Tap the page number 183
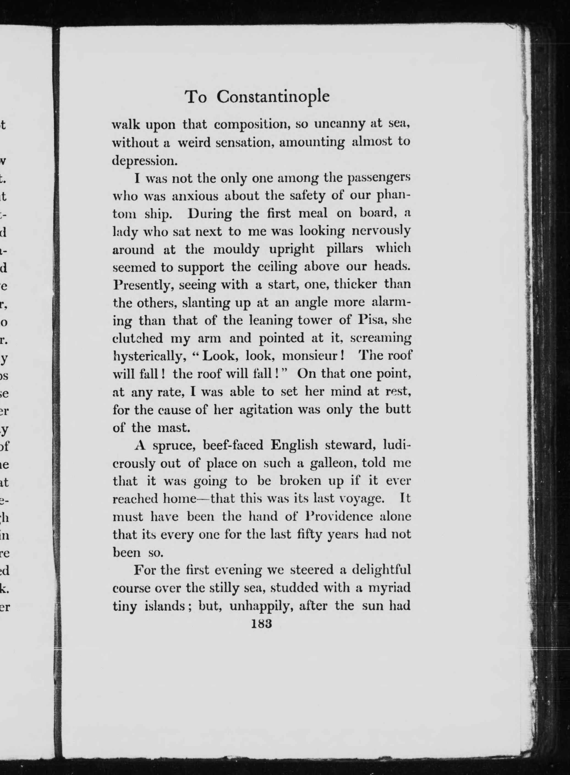(x=262, y=623)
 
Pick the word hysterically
(x=148, y=356)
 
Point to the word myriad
(x=389, y=588)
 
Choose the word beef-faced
(x=233, y=445)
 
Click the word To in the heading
(x=196, y=98)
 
